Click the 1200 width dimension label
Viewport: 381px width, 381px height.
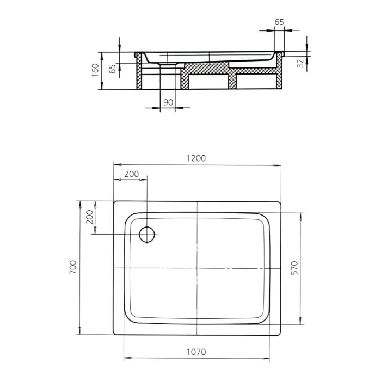point(196,158)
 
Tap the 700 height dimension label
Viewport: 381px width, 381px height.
point(73,268)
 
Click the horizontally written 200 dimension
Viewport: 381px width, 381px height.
point(131,174)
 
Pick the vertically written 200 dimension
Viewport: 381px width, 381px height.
point(90,219)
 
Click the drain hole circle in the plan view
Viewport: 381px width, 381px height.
point(148,234)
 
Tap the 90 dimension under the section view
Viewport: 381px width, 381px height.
point(168,102)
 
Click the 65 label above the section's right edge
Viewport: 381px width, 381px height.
point(279,22)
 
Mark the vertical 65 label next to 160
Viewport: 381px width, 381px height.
point(112,69)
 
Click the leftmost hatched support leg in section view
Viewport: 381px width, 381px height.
point(139,73)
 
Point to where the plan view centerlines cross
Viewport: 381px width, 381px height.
point(197,268)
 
